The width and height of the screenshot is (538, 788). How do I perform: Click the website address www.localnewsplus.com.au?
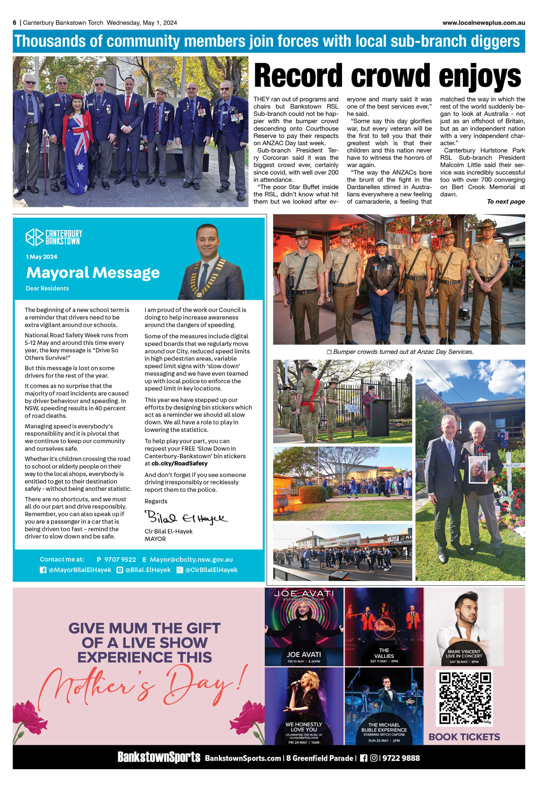point(484,23)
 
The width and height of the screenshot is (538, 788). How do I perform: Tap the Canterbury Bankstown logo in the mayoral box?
point(54,237)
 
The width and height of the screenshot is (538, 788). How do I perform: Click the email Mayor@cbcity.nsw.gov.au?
point(191,560)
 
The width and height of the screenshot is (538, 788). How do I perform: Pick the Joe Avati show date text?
point(303,661)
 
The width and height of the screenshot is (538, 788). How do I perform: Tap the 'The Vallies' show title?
point(384,653)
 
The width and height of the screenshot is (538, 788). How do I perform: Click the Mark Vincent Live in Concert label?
point(464,654)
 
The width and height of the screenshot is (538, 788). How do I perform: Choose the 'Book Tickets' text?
point(464,737)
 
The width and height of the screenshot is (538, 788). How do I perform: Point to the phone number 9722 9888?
point(401,758)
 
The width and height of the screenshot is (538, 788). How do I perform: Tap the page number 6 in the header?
point(14,23)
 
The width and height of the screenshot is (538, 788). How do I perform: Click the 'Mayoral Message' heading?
point(93,272)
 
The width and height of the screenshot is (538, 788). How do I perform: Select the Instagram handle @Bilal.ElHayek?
point(148,570)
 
